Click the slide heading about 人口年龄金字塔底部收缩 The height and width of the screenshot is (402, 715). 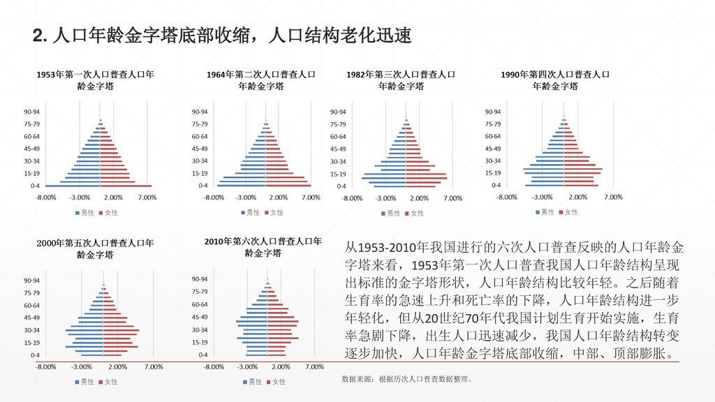[222, 36]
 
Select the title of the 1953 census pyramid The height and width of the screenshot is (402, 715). [96, 80]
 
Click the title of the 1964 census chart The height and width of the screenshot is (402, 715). [260, 80]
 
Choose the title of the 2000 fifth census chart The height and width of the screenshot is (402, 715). [95, 248]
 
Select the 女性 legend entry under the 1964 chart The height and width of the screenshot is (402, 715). [273, 212]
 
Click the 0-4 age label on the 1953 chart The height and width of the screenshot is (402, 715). [34, 186]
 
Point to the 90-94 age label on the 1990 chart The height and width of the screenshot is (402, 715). [492, 112]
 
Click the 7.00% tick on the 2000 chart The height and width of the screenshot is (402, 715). [153, 366]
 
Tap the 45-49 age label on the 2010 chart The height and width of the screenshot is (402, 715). [200, 317]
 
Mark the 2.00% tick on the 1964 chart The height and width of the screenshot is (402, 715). [278, 198]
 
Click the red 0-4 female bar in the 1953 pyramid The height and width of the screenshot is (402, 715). [126, 186]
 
